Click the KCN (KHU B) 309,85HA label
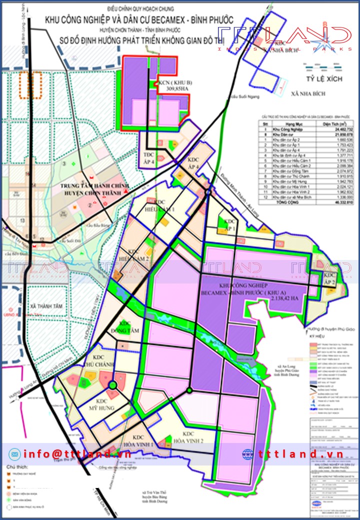click(169, 86)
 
